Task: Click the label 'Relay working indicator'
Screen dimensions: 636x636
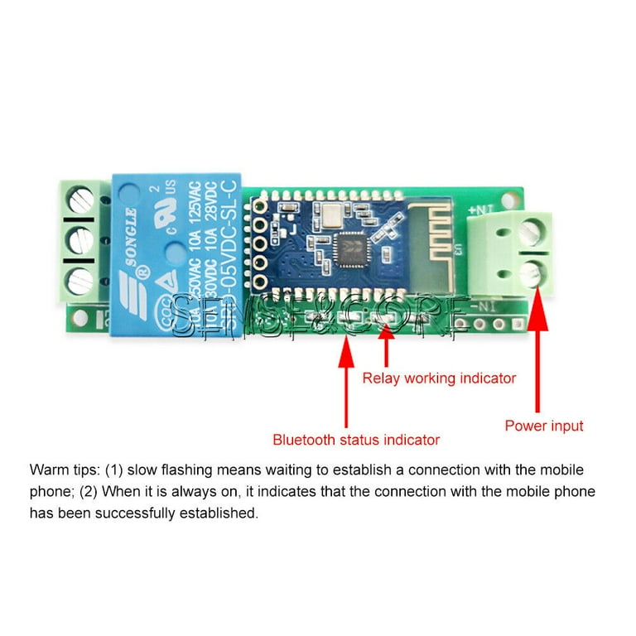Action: pos(439,378)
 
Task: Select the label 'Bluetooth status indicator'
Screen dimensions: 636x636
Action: pos(356,440)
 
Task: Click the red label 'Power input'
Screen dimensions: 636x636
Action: pos(544,426)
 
